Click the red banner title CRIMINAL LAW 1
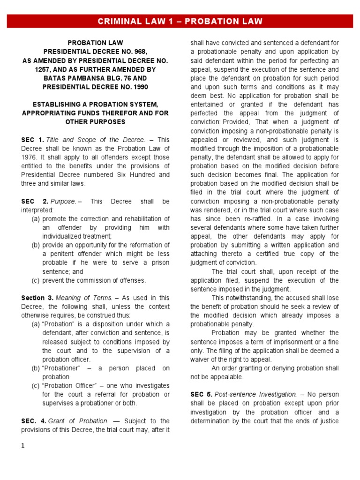click(x=180, y=22)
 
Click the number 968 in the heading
click(x=141, y=52)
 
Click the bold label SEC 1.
click(x=32, y=140)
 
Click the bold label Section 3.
click(x=37, y=298)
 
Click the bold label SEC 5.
click(x=201, y=395)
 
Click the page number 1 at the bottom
click(x=23, y=446)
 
